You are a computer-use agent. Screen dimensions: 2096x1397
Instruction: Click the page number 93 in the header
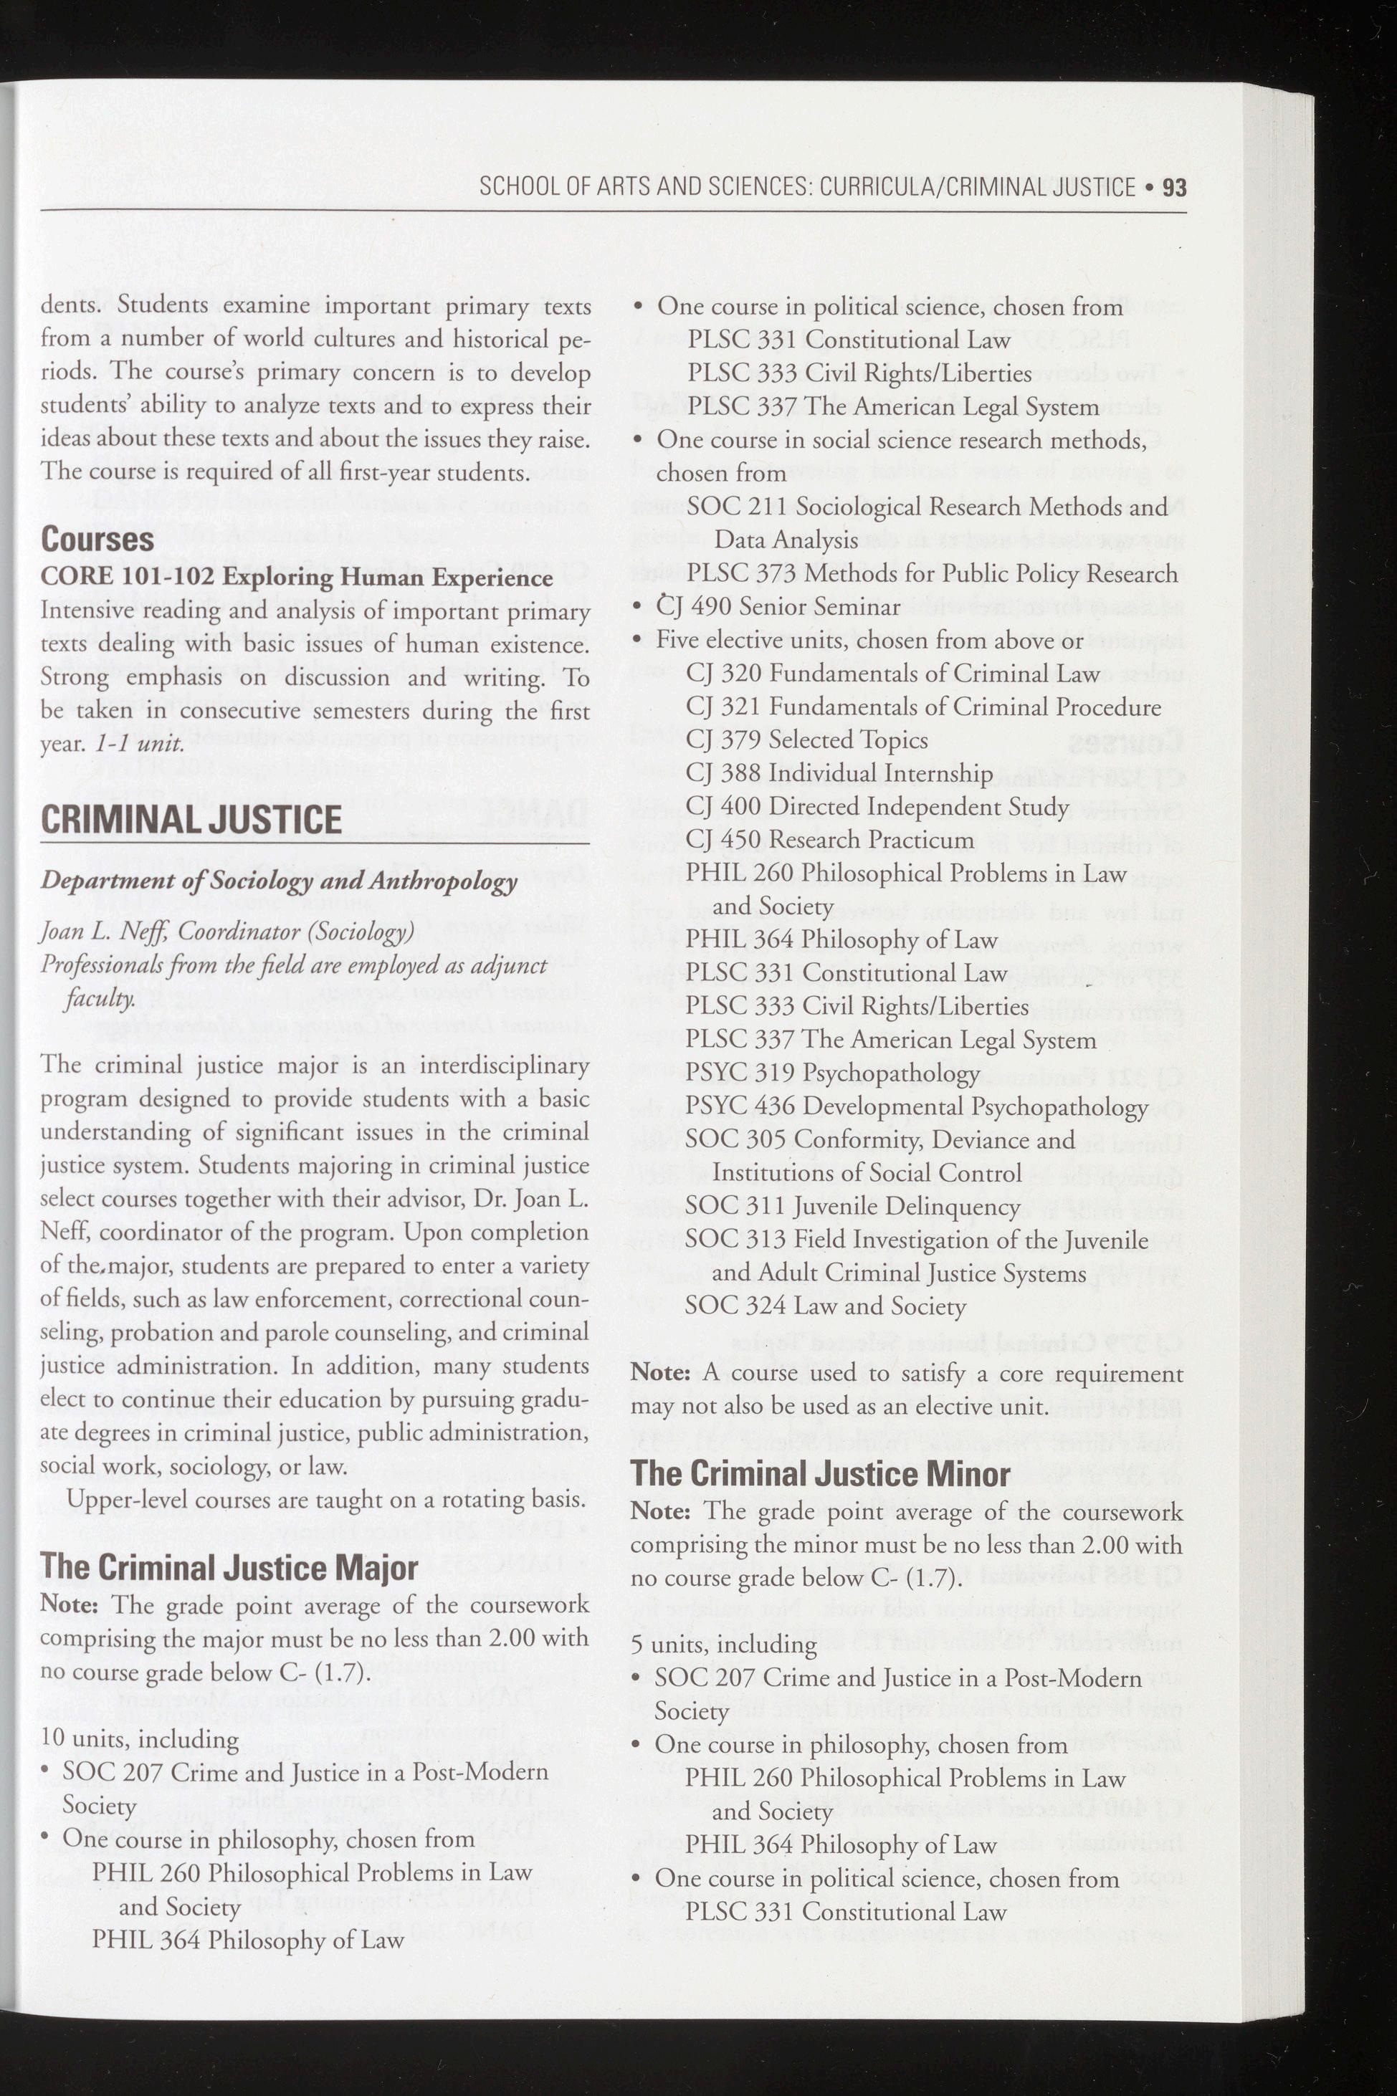click(1174, 187)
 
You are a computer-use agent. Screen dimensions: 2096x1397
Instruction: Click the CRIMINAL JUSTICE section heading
click(191, 820)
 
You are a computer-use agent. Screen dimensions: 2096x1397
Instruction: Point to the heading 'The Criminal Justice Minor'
click(820, 1473)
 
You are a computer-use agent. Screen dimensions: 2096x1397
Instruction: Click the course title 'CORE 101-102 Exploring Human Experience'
click(297, 578)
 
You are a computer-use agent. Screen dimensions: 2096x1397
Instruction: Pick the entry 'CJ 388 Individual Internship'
click(839, 773)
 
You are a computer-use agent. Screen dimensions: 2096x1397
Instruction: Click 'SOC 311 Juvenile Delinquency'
click(852, 1206)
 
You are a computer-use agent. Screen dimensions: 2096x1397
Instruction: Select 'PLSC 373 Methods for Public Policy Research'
click(932, 574)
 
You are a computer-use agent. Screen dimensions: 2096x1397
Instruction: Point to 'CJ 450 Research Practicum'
click(829, 840)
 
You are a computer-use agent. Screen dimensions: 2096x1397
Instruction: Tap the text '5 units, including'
click(723, 1645)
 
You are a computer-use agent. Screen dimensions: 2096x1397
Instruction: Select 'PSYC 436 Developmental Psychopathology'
click(916, 1106)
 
